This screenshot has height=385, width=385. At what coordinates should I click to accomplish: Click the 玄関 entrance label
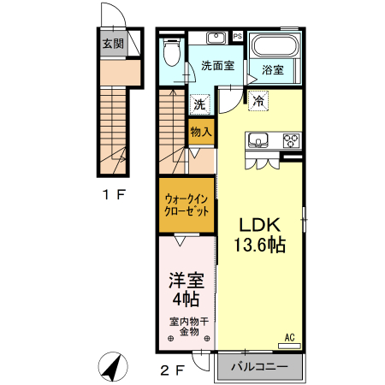click(113, 44)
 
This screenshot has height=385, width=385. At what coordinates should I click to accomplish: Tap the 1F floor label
click(114, 194)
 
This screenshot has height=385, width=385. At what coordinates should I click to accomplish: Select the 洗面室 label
click(217, 65)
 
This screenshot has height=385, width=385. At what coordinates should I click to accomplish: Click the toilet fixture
click(170, 53)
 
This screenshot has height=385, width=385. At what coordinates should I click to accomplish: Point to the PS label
click(237, 37)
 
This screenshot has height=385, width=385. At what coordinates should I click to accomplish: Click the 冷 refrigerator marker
click(258, 100)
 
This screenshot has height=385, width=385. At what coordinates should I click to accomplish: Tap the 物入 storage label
click(200, 133)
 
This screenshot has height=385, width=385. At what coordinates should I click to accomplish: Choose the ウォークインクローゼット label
click(185, 204)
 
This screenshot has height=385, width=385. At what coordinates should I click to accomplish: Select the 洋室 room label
click(185, 279)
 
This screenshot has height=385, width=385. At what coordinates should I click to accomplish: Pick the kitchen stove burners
click(290, 140)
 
